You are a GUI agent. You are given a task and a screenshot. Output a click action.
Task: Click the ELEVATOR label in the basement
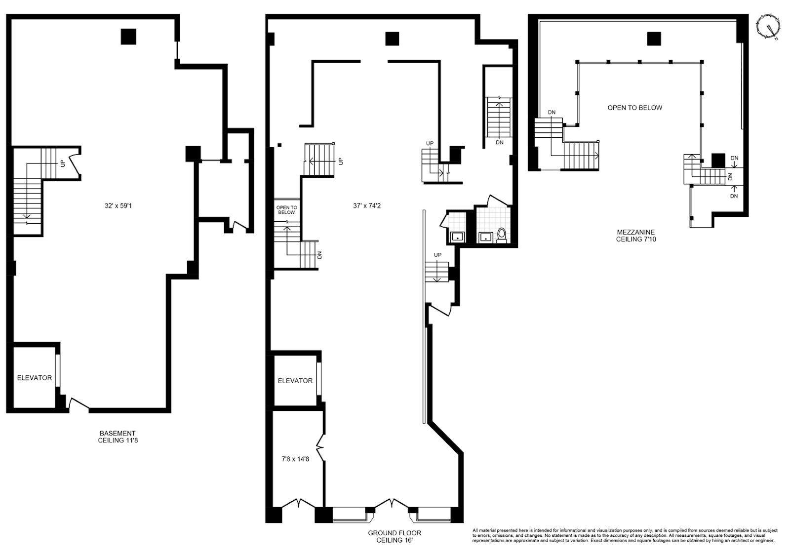[x=34, y=378]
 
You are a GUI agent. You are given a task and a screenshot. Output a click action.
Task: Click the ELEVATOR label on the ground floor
[x=295, y=381]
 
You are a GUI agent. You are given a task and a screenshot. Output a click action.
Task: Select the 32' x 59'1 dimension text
[x=118, y=205]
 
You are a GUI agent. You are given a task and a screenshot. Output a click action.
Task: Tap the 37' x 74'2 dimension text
[x=366, y=205]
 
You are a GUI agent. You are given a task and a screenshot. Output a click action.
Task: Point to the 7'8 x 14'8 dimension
[x=295, y=459]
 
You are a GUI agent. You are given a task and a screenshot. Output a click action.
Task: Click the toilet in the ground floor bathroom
[x=502, y=235]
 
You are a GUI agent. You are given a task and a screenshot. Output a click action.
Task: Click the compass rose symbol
[x=768, y=27]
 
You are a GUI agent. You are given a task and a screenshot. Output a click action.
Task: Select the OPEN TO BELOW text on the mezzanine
[x=634, y=108]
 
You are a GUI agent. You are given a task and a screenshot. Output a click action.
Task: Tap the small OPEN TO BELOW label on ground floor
[x=286, y=210]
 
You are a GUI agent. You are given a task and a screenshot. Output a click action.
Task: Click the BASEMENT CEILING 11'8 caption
[x=118, y=437]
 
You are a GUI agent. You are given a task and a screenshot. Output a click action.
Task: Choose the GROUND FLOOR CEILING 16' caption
[x=394, y=537]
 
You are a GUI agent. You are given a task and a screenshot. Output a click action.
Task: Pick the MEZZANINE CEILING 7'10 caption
[x=635, y=235]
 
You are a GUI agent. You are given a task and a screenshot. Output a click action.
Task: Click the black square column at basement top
[x=128, y=37]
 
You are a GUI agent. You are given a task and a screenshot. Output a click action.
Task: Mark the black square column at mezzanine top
[x=654, y=39]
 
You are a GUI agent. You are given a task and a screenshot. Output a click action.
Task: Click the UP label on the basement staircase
[x=63, y=163]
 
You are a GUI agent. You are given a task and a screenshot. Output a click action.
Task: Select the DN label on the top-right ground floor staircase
[x=499, y=142]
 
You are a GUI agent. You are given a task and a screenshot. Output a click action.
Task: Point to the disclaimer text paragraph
[x=625, y=535]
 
